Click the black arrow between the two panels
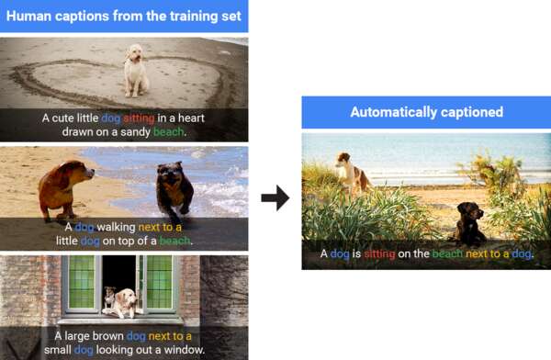275,198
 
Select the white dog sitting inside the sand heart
136,71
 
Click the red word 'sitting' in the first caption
139,118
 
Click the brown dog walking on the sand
65,189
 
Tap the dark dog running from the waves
174,189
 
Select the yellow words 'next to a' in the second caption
160,227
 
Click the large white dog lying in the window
122,303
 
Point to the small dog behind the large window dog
110,297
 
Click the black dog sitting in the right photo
467,223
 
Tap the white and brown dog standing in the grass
352,174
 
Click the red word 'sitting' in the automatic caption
379,253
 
